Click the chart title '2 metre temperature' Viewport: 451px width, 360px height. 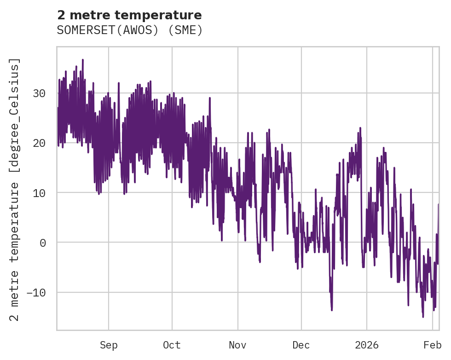(129, 15)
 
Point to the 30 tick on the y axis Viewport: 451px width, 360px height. (39, 93)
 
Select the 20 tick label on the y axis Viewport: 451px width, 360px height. (39, 143)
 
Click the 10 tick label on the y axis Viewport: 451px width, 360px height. (39, 193)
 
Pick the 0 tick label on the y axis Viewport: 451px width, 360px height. (43, 243)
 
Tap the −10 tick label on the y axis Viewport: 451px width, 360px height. (36, 292)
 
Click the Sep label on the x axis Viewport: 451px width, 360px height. (109, 345)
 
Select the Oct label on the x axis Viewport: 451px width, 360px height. (172, 345)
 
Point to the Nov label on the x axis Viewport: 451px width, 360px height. (238, 345)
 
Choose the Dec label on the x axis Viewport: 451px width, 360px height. (301, 345)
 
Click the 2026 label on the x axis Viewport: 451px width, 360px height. (367, 345)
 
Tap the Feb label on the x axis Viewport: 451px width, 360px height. (433, 345)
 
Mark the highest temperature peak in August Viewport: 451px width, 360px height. (82, 60)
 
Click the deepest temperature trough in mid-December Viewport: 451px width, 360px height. (331, 310)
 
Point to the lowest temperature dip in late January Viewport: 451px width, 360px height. (423, 317)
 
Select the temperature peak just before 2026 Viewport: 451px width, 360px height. (360, 128)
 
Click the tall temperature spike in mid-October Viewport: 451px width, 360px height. (210, 98)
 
